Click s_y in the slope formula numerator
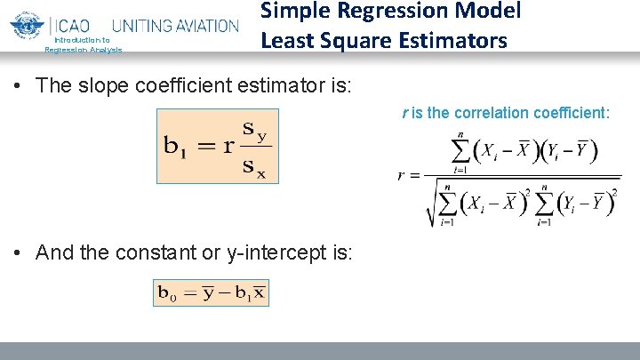(256, 130)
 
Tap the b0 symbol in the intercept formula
(166, 292)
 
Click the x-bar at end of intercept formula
(258, 292)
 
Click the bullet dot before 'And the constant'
(19, 252)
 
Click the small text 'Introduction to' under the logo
(82, 40)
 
